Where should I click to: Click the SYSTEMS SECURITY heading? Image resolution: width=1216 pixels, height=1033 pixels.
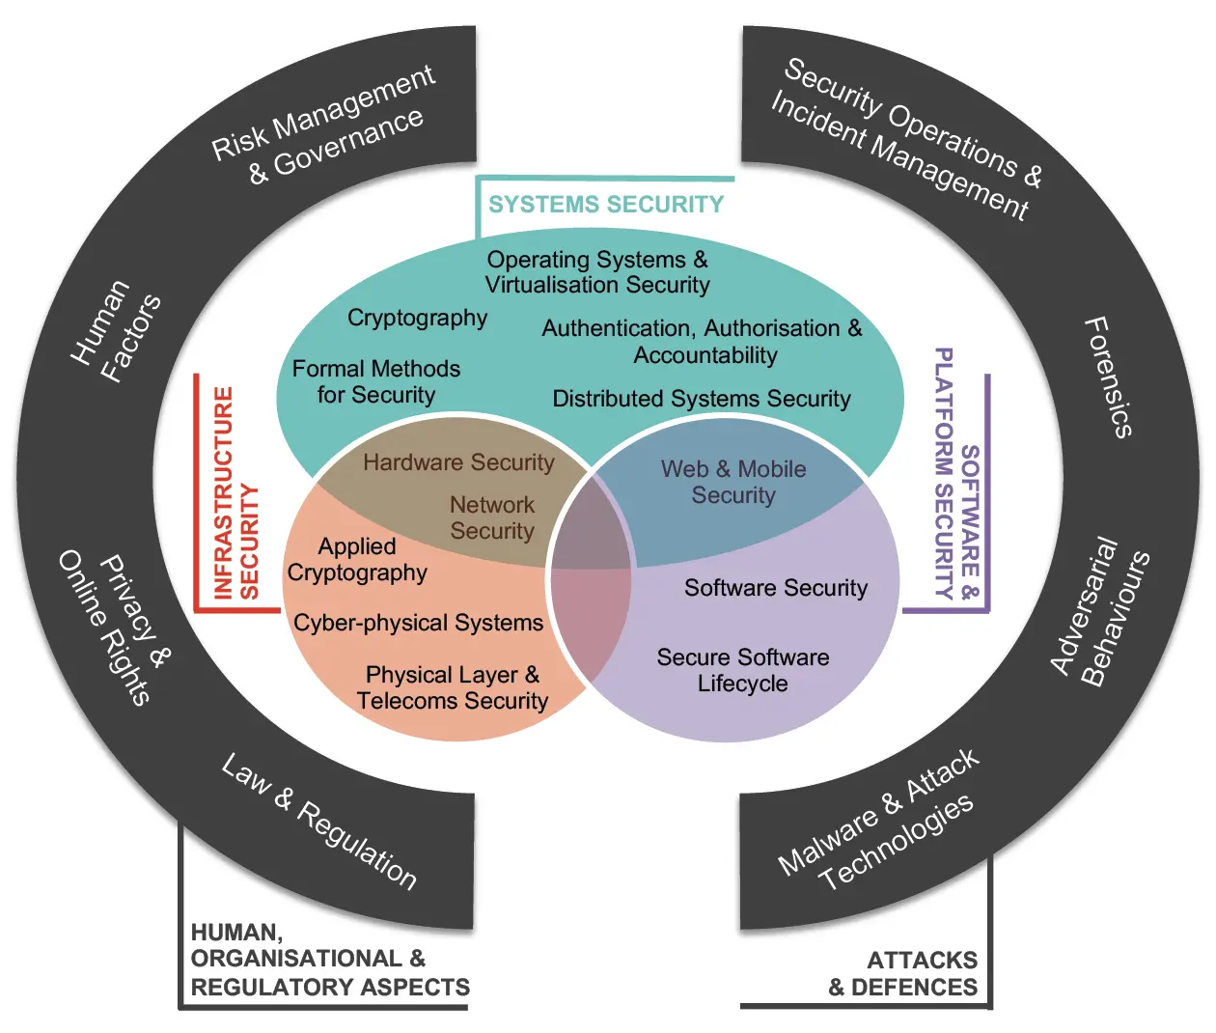[605, 205]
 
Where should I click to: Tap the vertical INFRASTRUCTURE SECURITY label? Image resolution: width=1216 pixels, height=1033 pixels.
[235, 493]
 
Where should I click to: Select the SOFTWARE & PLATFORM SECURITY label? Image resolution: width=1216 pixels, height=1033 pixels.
[956, 474]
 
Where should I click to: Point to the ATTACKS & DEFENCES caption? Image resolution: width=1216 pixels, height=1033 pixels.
[903, 973]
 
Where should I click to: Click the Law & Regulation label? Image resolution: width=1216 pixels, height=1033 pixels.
[319, 821]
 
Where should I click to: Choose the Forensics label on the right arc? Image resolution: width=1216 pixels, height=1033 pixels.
[1108, 377]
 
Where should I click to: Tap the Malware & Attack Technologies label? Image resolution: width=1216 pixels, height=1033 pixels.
[878, 821]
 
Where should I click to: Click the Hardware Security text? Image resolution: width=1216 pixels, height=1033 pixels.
[458, 462]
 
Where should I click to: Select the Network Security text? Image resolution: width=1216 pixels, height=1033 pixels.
[492, 517]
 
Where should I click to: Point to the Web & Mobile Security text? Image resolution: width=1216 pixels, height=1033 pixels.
[733, 482]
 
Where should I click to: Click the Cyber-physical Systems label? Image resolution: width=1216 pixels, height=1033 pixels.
[418, 623]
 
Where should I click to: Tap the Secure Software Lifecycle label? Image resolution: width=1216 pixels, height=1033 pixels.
[743, 670]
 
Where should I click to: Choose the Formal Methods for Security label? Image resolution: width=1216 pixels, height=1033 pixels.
[376, 381]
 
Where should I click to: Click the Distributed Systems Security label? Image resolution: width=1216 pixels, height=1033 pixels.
[702, 399]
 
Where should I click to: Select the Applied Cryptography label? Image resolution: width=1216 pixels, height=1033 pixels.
[357, 559]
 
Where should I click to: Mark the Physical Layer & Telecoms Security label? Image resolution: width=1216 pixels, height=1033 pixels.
[452, 687]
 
